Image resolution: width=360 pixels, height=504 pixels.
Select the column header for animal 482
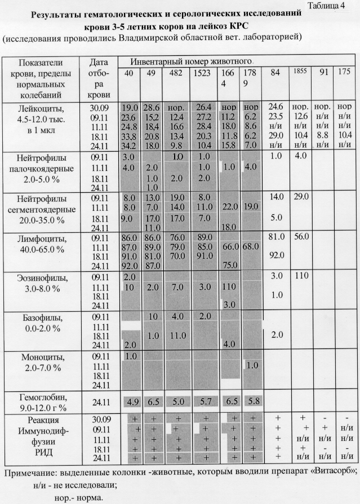coord(176,73)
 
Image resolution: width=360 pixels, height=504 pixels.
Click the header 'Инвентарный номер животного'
coord(192,60)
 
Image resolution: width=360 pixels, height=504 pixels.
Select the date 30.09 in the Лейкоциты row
coord(99,107)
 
